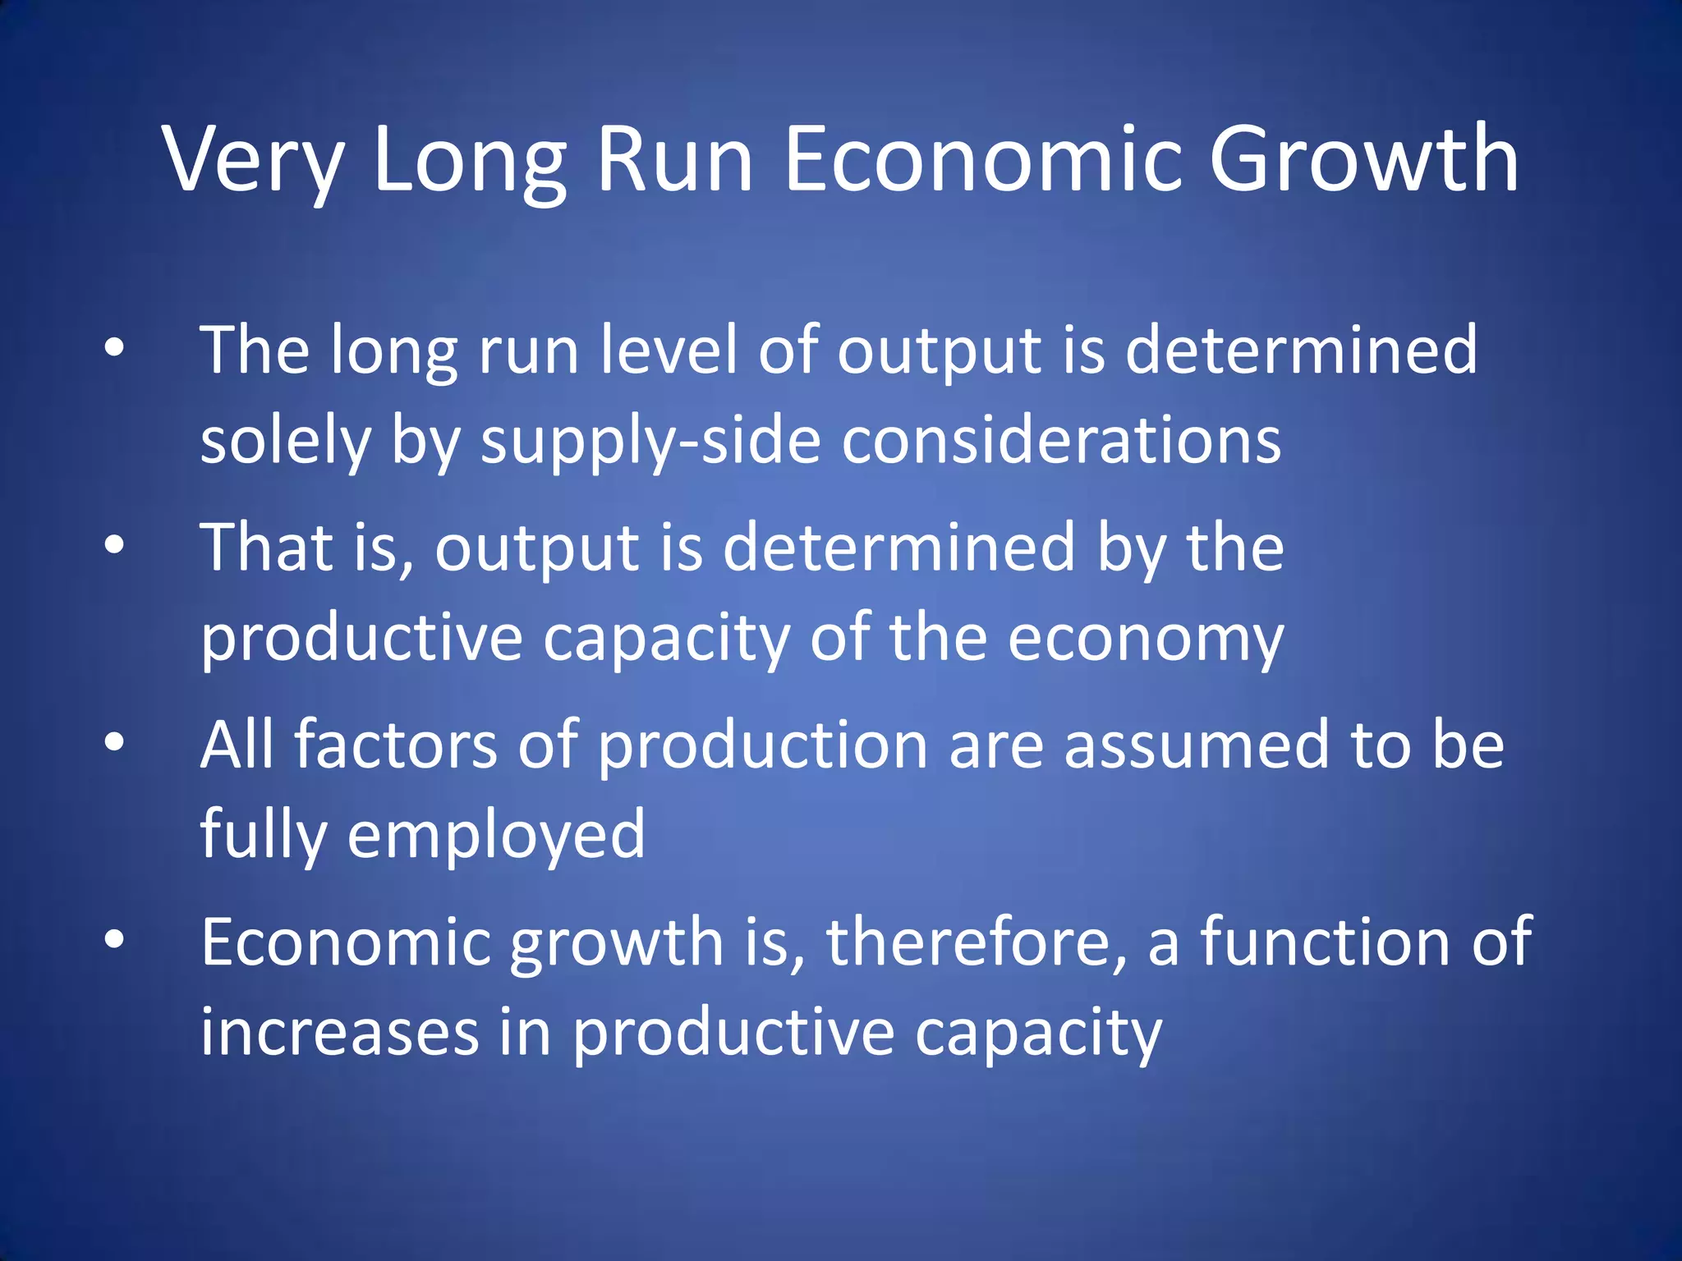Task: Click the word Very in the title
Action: pos(253,160)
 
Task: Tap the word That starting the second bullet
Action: pos(268,547)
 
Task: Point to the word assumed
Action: pos(1196,744)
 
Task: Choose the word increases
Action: pos(340,1033)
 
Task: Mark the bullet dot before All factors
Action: pos(114,741)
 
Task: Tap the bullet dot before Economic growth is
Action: pos(114,938)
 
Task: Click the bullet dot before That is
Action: pos(114,544)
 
